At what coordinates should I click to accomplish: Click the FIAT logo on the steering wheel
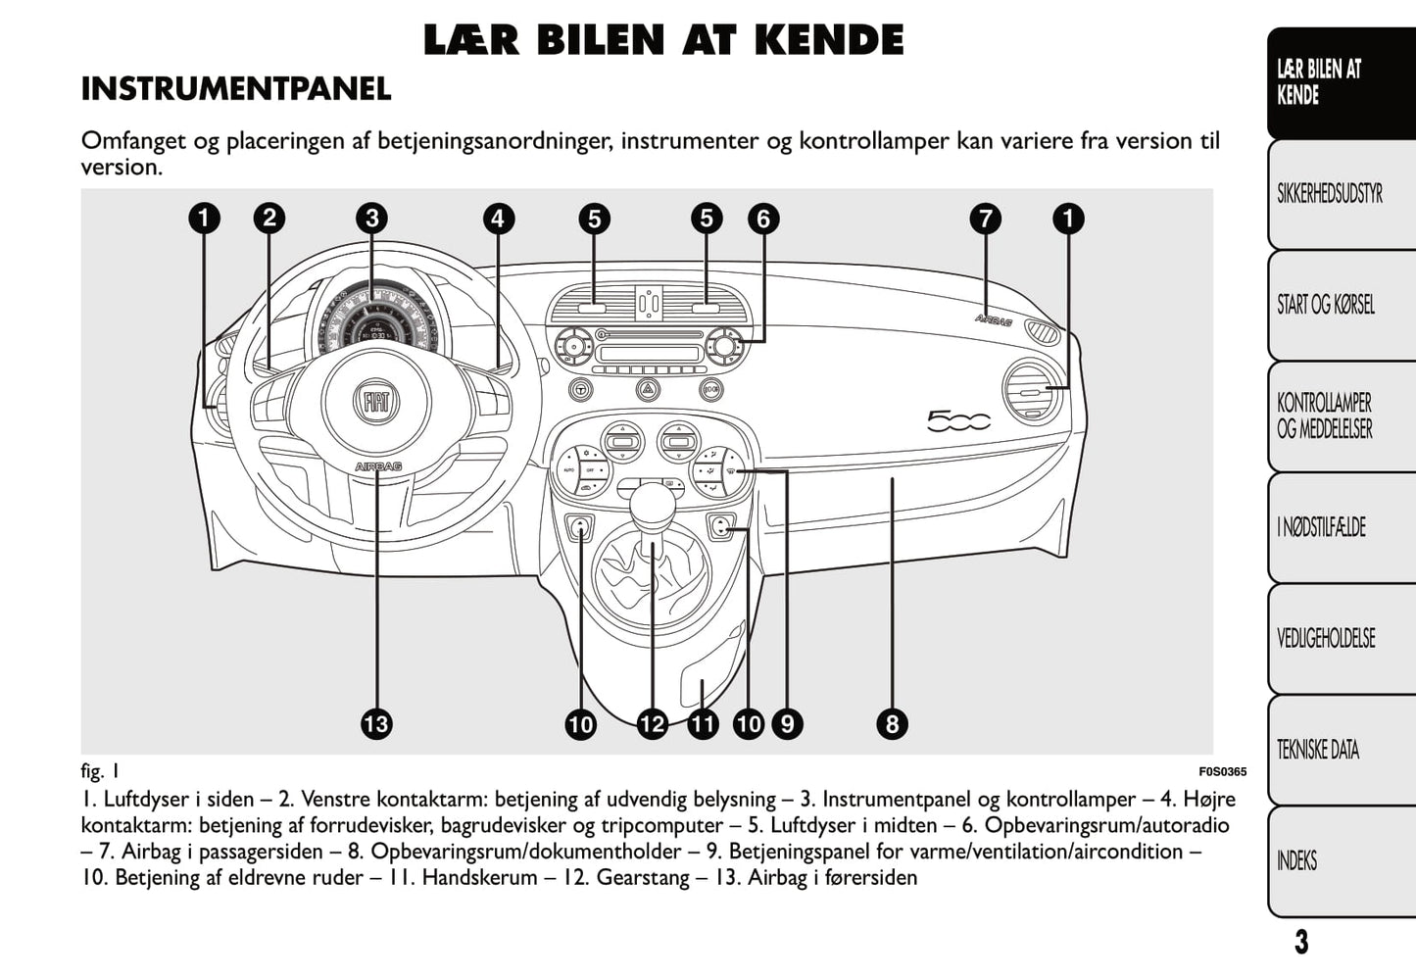(x=376, y=401)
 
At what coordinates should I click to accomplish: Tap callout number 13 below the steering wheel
(x=376, y=724)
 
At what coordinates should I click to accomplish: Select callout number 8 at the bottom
(x=892, y=724)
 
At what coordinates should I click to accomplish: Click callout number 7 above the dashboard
(x=986, y=218)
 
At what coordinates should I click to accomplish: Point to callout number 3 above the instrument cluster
(x=371, y=218)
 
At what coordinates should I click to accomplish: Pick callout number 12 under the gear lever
(x=652, y=724)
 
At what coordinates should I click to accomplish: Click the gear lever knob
(x=652, y=503)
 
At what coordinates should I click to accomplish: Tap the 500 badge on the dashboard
(x=958, y=421)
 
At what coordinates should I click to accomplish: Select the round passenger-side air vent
(x=1032, y=392)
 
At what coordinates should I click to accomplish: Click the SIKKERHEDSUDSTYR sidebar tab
(x=1330, y=194)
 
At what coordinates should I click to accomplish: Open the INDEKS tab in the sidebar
(x=1297, y=861)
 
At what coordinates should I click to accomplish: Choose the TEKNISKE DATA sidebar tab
(x=1318, y=751)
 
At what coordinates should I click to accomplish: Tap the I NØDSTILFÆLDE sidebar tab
(x=1321, y=528)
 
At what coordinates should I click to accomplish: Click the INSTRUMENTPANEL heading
(x=236, y=89)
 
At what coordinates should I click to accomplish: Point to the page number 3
(x=1300, y=943)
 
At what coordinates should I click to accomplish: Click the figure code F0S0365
(x=1222, y=771)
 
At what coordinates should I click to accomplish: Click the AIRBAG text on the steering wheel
(x=378, y=467)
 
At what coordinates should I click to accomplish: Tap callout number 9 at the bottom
(x=787, y=724)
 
